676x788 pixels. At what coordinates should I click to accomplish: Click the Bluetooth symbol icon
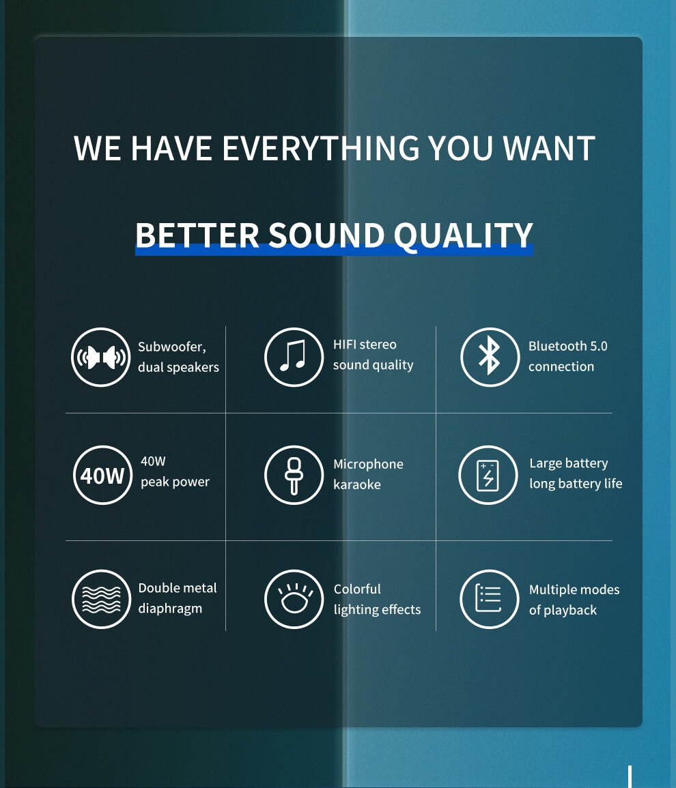coord(490,357)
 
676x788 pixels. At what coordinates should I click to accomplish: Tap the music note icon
coord(294,357)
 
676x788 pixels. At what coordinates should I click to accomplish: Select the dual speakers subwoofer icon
coord(100,357)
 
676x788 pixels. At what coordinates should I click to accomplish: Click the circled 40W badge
coord(102,475)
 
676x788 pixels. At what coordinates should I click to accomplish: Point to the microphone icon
coord(294,475)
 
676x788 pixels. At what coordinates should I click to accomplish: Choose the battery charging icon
coord(488,475)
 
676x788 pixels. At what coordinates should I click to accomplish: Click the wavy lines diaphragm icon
coord(101,599)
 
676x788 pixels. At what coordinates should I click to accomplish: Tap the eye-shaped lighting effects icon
coord(294,599)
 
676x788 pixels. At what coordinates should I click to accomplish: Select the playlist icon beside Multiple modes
coord(489,599)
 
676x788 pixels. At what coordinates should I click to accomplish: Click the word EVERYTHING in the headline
coord(321,148)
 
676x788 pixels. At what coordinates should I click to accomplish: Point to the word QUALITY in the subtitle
coord(463,235)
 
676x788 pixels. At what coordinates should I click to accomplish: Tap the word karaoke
coord(357,484)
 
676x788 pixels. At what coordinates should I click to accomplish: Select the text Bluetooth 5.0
coord(568,347)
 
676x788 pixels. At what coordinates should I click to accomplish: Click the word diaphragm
coord(170,609)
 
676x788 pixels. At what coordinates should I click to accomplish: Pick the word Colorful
coord(357,589)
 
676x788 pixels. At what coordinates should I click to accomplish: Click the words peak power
coord(175,482)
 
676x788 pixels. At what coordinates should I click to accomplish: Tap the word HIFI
coord(344,345)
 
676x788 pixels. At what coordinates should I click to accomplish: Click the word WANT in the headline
coord(549,148)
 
